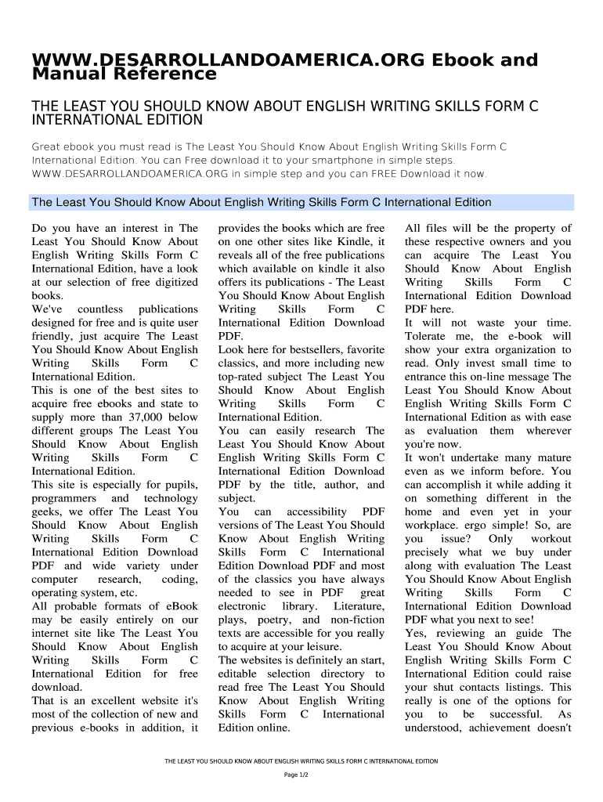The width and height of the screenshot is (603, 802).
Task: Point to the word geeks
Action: [47, 512]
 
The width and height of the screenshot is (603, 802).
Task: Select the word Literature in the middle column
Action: [359, 606]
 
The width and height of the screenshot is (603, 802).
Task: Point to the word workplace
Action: [431, 526]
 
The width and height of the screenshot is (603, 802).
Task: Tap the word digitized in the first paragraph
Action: [173, 282]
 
